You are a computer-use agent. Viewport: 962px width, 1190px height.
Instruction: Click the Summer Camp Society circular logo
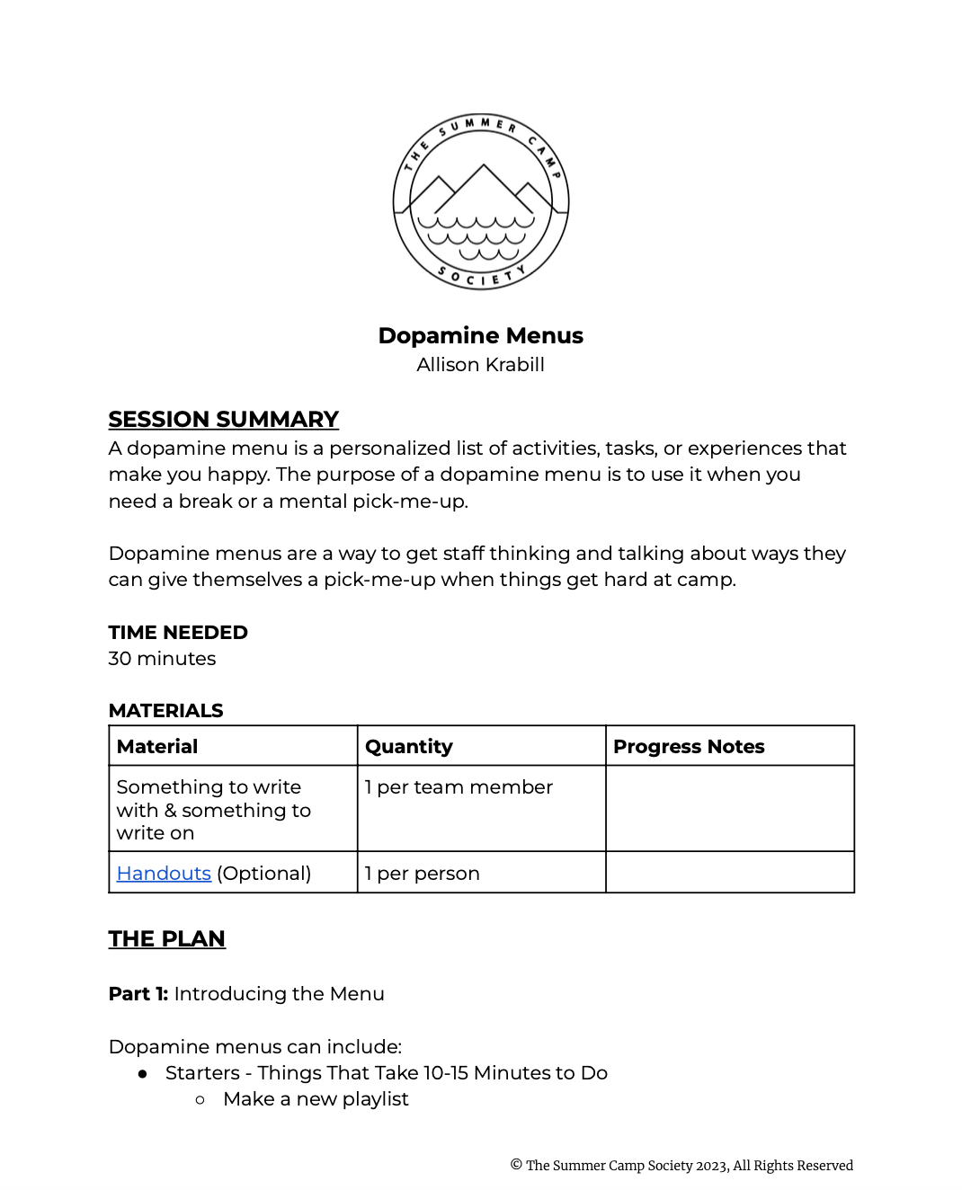[x=481, y=202]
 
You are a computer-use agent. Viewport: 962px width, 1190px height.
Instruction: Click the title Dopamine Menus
[x=481, y=335]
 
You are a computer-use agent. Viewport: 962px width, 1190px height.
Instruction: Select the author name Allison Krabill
[x=481, y=365]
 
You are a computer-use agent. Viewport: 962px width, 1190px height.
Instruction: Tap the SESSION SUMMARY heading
[x=223, y=420]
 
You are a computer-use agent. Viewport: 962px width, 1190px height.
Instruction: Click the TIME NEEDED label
[x=178, y=633]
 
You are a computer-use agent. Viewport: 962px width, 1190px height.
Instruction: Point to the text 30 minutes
[x=162, y=659]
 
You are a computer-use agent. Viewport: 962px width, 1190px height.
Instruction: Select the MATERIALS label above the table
[x=165, y=711]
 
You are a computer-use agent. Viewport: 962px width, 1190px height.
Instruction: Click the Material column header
[x=157, y=747]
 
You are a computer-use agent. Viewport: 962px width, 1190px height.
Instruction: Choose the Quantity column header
[x=409, y=747]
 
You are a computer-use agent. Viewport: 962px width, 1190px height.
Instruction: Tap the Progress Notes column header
[x=689, y=747]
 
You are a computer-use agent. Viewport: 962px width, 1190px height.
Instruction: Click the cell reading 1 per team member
[x=459, y=787]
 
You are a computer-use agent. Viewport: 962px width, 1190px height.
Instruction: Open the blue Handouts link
[x=164, y=874]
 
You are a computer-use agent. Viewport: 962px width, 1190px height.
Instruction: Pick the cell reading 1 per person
[x=423, y=874]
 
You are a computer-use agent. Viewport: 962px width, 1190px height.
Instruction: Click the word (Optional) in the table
[x=264, y=874]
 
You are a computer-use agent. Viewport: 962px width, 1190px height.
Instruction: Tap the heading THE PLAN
[x=167, y=939]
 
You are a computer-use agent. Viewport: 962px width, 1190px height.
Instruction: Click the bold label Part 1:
[x=138, y=994]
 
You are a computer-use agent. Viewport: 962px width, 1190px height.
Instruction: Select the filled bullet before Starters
[x=143, y=1074]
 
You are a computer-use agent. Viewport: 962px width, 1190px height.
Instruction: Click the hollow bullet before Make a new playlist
[x=200, y=1100]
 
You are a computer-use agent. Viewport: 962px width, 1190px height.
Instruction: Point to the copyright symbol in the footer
[x=516, y=1165]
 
